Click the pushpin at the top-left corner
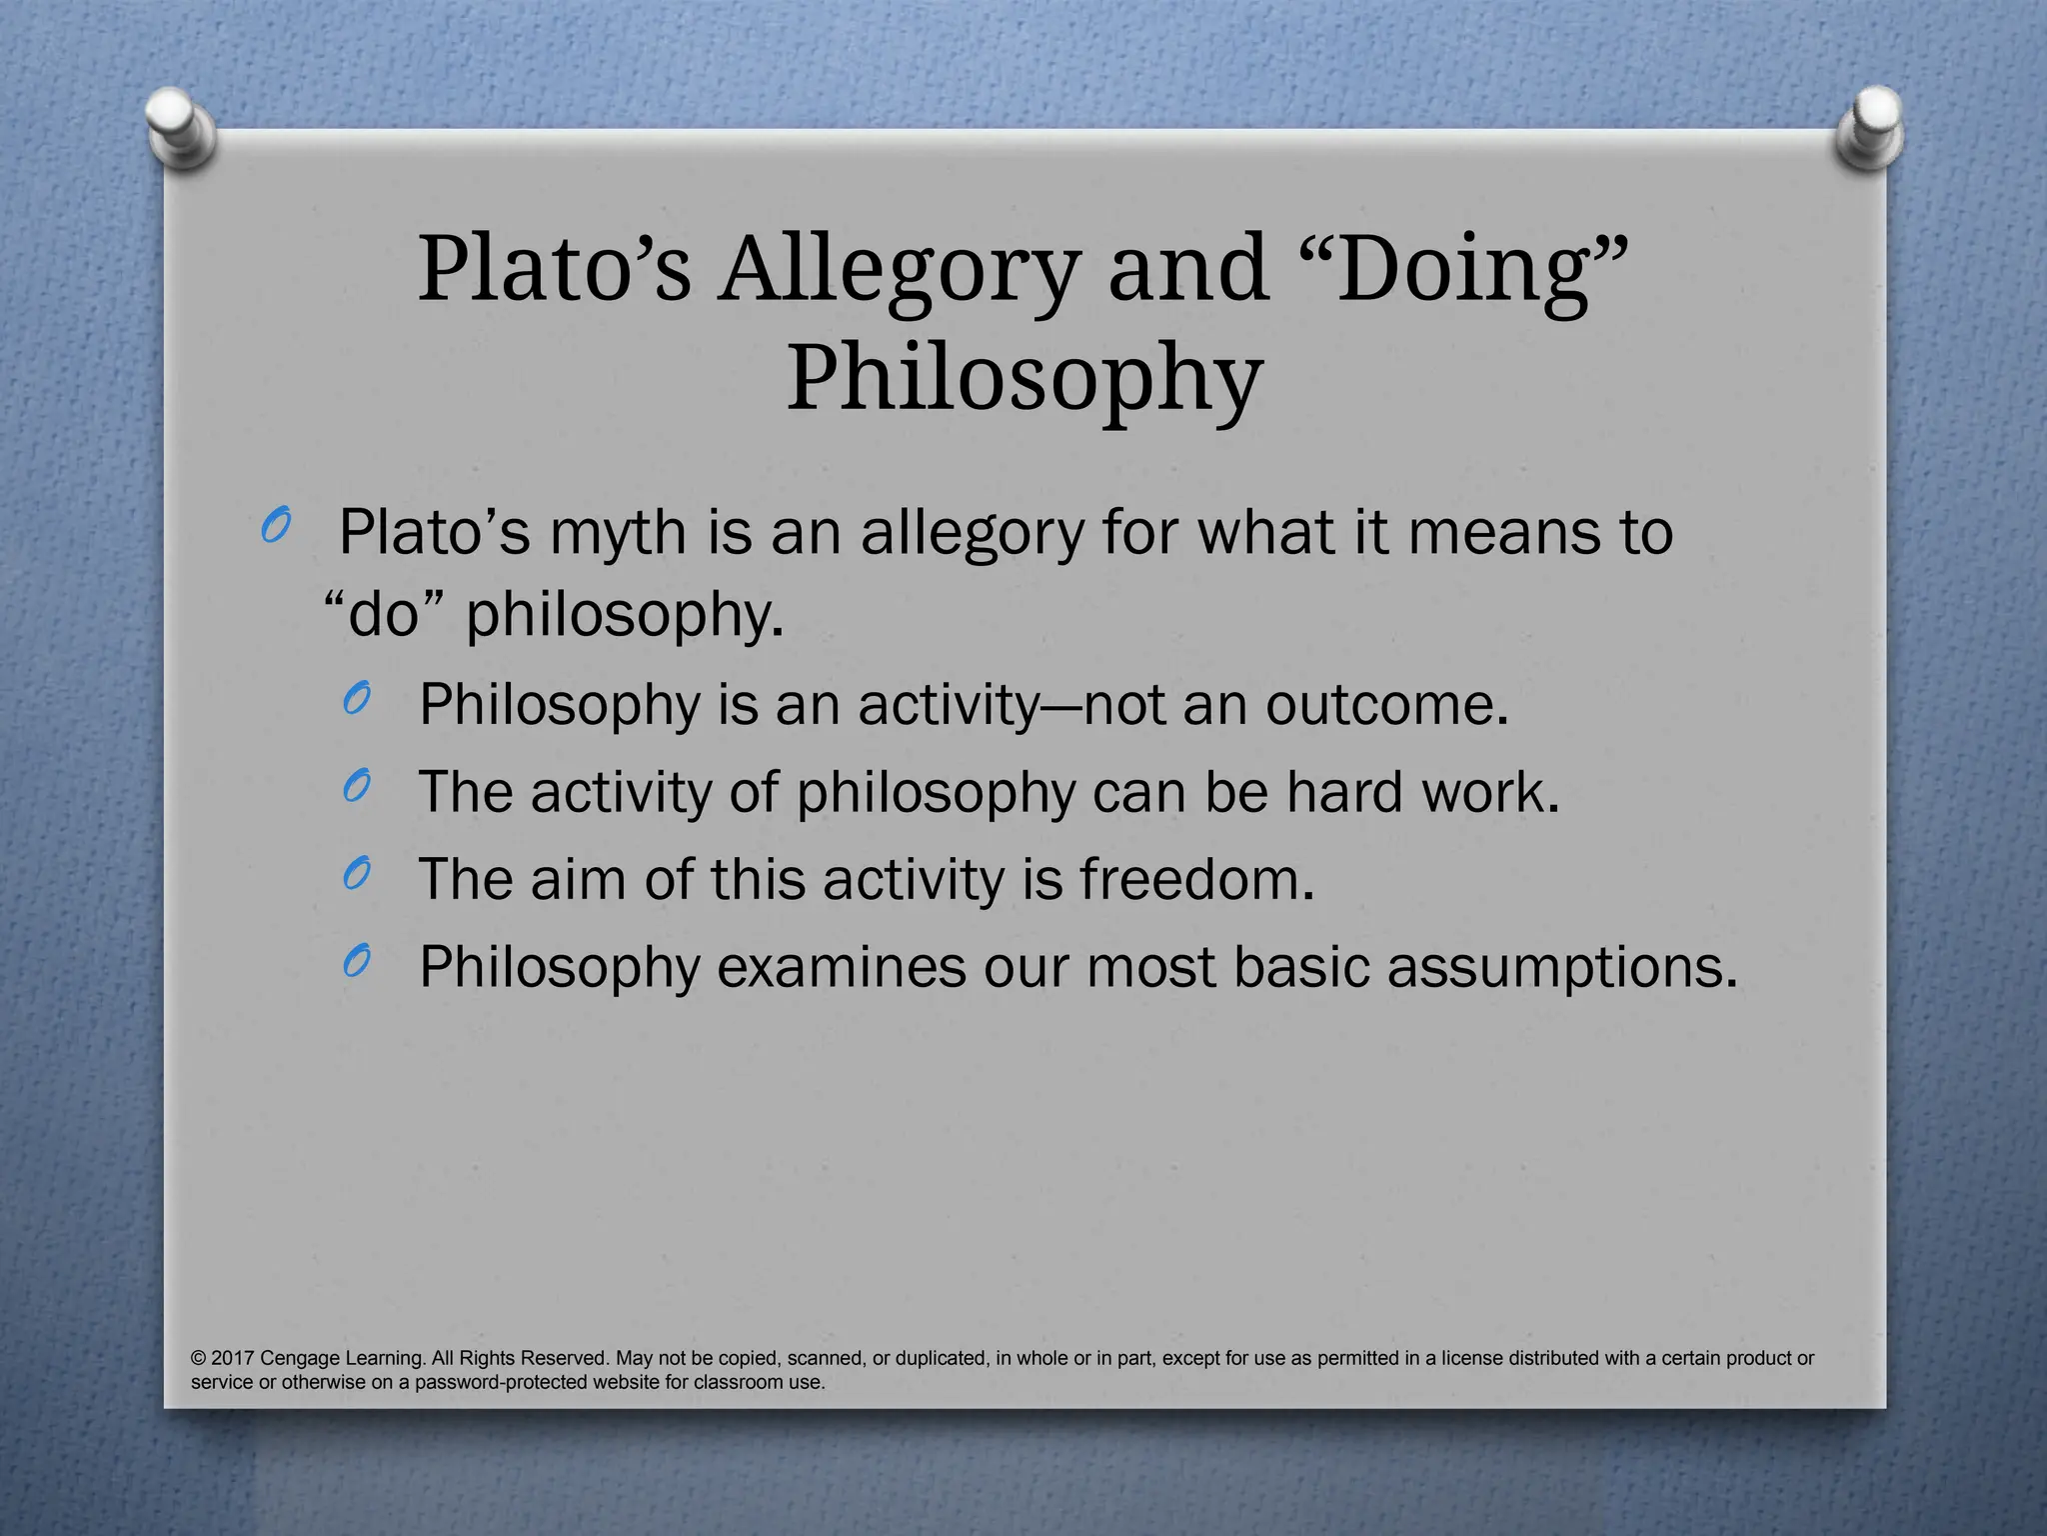(180, 127)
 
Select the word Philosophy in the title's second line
(1023, 380)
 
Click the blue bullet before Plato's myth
(274, 526)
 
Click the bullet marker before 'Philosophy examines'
(356, 961)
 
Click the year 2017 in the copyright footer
(233, 1358)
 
